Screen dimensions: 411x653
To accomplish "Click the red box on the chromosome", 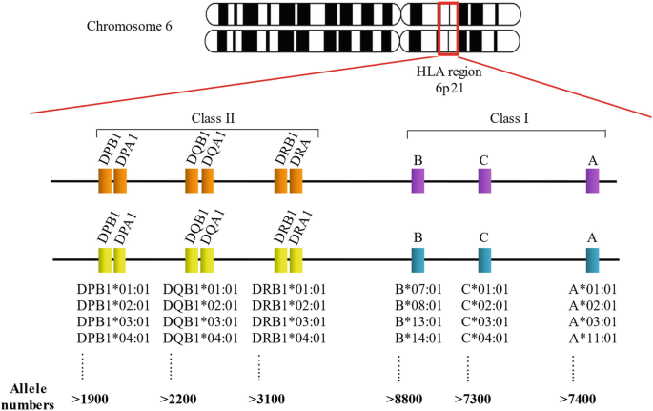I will (448, 28).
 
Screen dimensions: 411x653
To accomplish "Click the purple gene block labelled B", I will (418, 181).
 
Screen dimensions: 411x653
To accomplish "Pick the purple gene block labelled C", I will (484, 181).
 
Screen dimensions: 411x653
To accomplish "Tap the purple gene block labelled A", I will (593, 181).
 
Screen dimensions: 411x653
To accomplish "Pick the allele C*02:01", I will (485, 305).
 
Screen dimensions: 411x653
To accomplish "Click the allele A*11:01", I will (593, 338).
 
